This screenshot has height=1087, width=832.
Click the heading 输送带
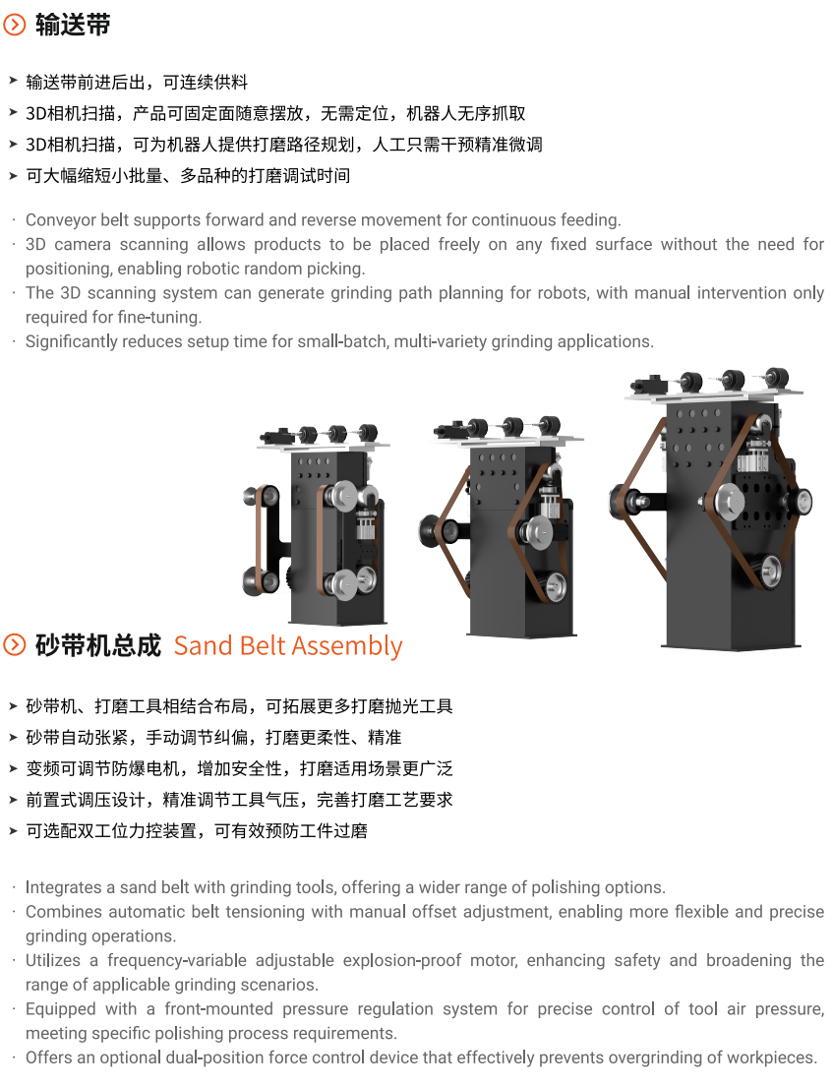pos(73,25)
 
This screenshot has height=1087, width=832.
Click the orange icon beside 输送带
pos(15,25)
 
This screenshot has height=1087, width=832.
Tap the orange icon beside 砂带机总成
pos(15,645)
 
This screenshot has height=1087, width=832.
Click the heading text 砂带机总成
pos(97,645)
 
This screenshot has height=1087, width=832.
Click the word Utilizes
pos(53,960)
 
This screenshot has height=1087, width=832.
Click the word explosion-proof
pos(402,961)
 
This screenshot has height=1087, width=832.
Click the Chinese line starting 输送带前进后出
pos(137,83)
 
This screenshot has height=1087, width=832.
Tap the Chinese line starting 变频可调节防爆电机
pos(239,769)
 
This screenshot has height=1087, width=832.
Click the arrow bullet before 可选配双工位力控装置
pos(13,830)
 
